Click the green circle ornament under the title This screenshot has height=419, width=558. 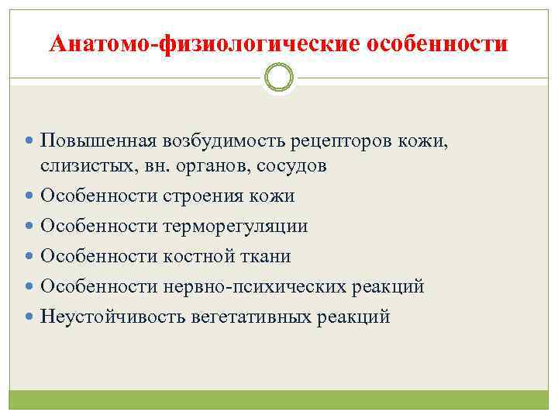coord(279,78)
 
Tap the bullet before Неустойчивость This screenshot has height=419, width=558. coord(29,317)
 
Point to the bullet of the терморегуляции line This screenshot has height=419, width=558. coord(29,227)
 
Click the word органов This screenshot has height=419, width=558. coord(208,165)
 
